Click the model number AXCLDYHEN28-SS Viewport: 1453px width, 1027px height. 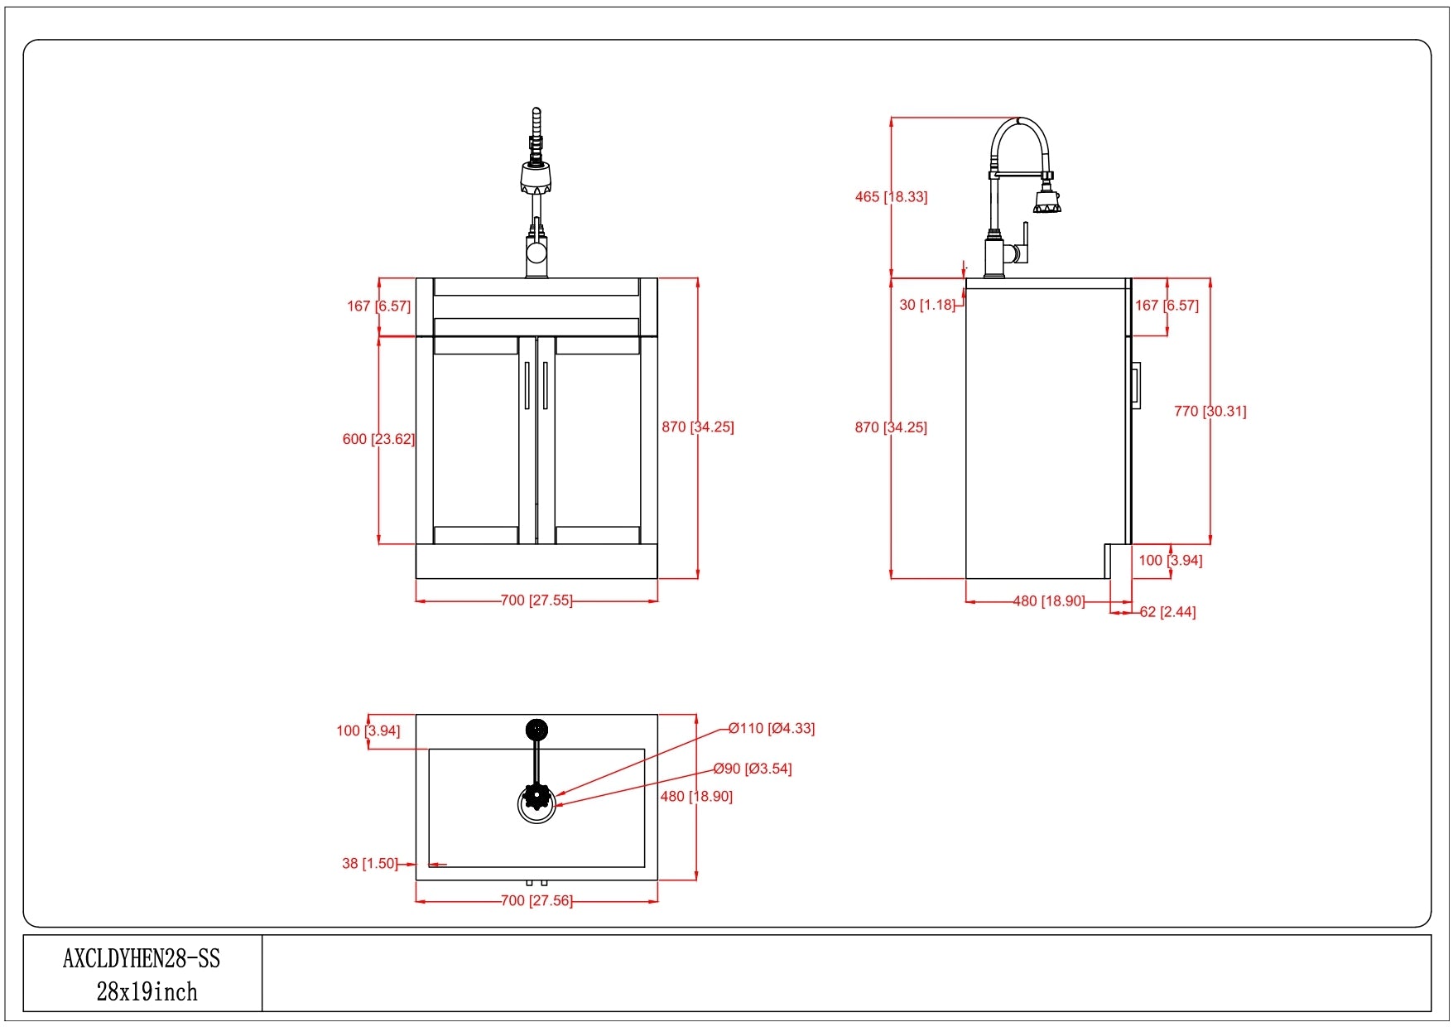(x=142, y=959)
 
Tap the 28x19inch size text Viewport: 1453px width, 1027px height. (x=147, y=992)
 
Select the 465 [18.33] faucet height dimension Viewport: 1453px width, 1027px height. (x=891, y=197)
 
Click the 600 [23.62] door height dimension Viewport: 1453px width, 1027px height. (x=378, y=439)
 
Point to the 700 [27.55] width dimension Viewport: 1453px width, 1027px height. (x=536, y=600)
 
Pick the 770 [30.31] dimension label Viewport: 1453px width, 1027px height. (x=1210, y=411)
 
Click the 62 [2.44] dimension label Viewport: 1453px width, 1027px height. (x=1167, y=612)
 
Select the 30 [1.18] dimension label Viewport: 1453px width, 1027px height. (x=927, y=305)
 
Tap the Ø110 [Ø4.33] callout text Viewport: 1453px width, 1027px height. (x=772, y=729)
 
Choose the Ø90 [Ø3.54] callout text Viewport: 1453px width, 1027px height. (x=753, y=769)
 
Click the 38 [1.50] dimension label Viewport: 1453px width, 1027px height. (x=369, y=863)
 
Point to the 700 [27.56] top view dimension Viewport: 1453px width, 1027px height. (x=536, y=900)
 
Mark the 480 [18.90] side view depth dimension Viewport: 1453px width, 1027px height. (x=1049, y=601)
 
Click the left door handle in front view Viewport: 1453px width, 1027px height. (x=527, y=385)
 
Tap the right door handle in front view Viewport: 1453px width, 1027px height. (x=546, y=385)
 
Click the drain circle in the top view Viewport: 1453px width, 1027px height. (x=537, y=803)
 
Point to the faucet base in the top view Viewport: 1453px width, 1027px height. (x=536, y=730)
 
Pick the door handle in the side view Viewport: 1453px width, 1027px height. (x=1137, y=385)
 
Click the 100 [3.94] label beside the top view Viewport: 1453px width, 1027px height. (x=368, y=730)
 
